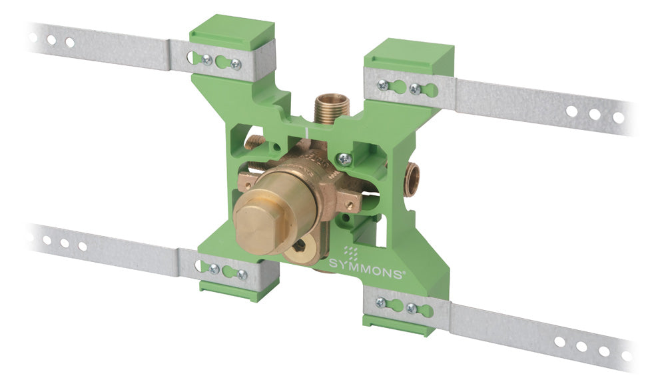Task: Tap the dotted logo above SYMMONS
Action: [x=351, y=252]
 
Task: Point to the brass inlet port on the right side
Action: [x=411, y=179]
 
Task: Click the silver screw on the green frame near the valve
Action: [x=344, y=160]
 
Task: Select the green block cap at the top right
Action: [x=409, y=57]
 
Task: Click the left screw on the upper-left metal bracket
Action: [x=207, y=60]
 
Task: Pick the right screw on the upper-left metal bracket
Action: [x=236, y=64]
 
